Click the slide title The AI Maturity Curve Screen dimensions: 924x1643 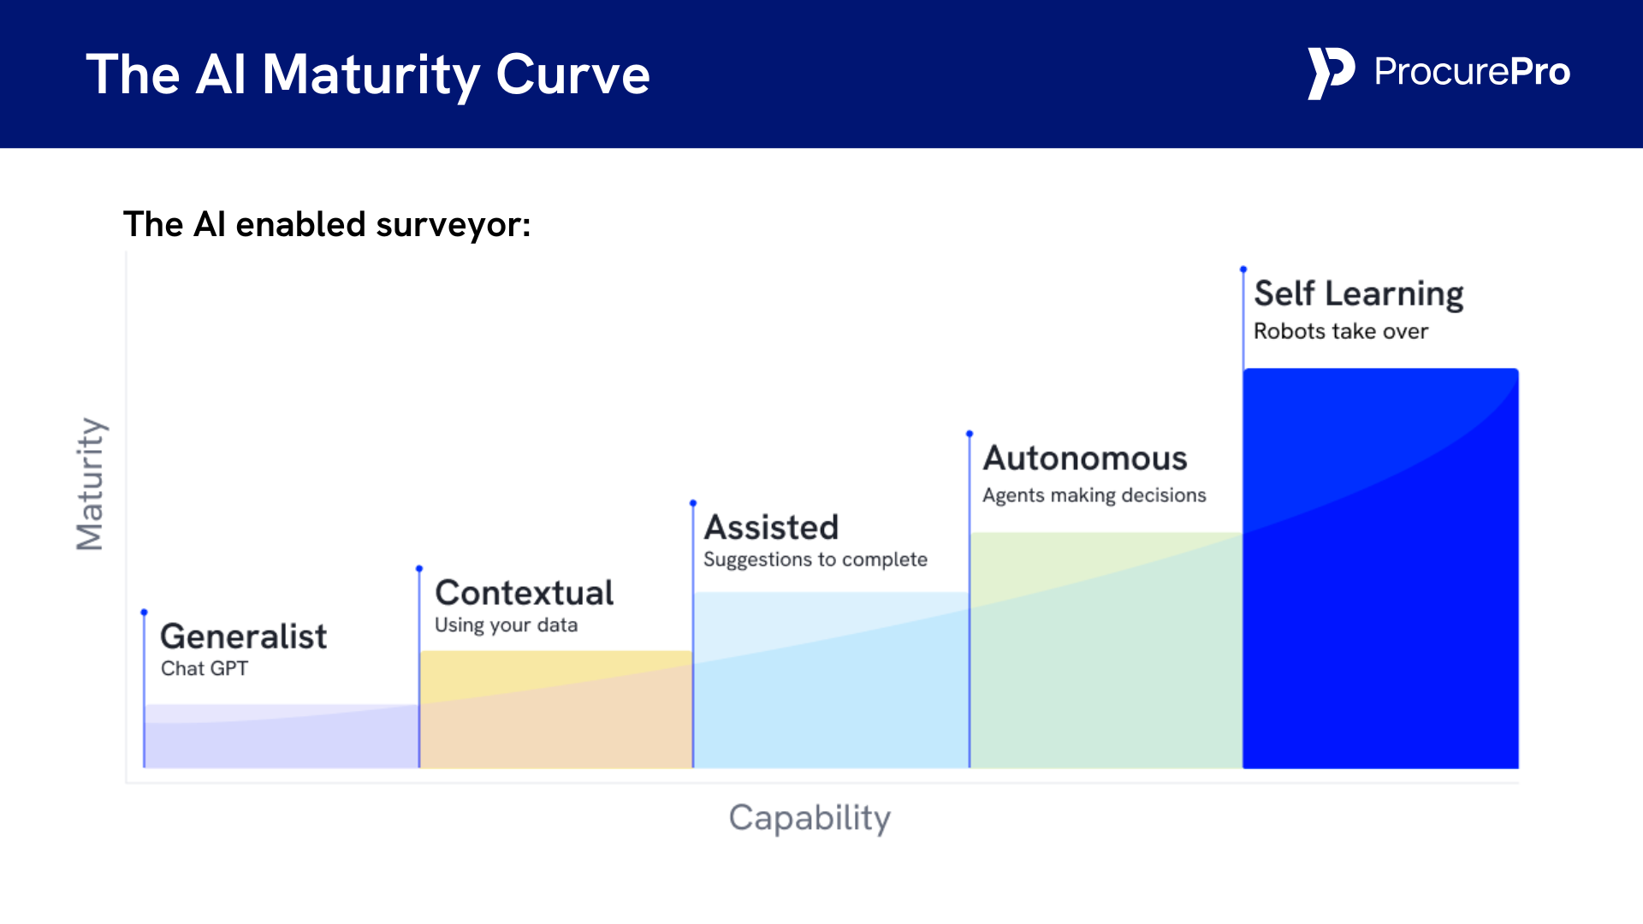point(368,74)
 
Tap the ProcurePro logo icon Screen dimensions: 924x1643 point(1330,73)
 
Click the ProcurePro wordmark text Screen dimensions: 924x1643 point(1472,72)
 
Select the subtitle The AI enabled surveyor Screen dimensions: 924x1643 point(327,224)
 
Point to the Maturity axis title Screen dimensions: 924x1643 point(90,483)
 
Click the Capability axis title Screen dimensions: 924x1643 point(810,818)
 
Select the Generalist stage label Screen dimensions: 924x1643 point(243,637)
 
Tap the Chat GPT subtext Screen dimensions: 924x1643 point(205,668)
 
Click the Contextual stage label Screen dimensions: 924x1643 point(524,593)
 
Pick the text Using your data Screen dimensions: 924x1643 point(506,625)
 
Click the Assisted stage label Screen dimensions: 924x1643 point(771,528)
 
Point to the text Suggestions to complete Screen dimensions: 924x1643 point(815,560)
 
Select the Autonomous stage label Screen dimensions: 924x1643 point(1084,459)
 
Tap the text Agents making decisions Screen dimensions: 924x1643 point(1094,495)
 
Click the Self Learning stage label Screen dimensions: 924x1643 point(1358,294)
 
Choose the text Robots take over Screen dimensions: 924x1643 point(1340,332)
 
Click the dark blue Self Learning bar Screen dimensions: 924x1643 point(1380,599)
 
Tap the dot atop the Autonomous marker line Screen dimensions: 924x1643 point(970,434)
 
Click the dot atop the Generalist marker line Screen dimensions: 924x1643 point(145,612)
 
